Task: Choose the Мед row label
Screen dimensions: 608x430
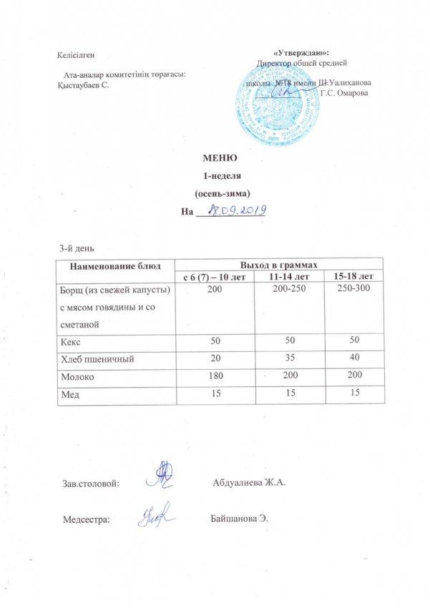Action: [x=69, y=393]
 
